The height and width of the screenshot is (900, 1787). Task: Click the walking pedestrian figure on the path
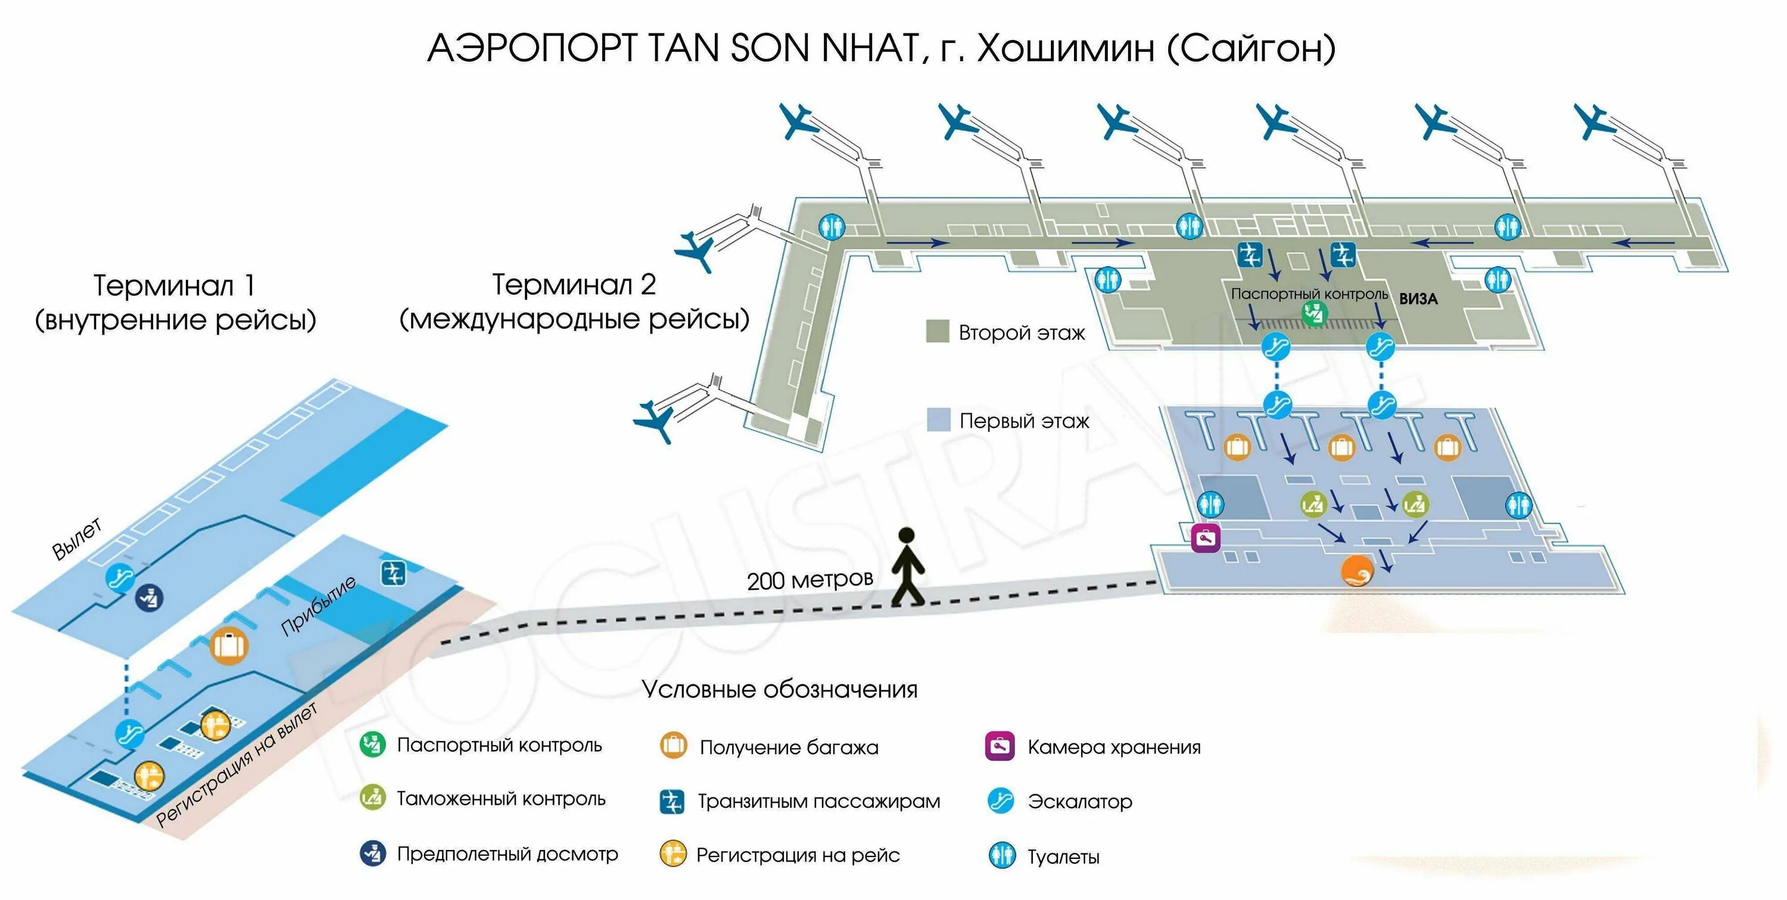click(907, 565)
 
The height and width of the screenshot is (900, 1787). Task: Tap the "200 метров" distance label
click(810, 580)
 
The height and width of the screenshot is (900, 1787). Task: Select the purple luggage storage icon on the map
click(1206, 537)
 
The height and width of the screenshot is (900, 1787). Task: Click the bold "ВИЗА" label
click(1418, 299)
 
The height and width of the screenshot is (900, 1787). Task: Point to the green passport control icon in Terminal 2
click(1313, 314)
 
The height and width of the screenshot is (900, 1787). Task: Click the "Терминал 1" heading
click(174, 285)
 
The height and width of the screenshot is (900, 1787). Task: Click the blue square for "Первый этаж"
click(939, 420)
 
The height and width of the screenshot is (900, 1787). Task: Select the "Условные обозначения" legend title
click(779, 689)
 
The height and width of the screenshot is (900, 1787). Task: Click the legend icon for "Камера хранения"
click(1000, 746)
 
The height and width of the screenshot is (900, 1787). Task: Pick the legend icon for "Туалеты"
click(1002, 855)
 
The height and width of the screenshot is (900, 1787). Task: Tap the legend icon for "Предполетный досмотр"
click(372, 853)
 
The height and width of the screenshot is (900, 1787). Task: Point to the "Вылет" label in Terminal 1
click(77, 538)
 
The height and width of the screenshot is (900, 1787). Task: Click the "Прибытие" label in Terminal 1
click(319, 605)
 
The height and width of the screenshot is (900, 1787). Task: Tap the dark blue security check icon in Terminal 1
click(149, 597)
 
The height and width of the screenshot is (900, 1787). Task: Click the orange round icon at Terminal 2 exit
click(1356, 571)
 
